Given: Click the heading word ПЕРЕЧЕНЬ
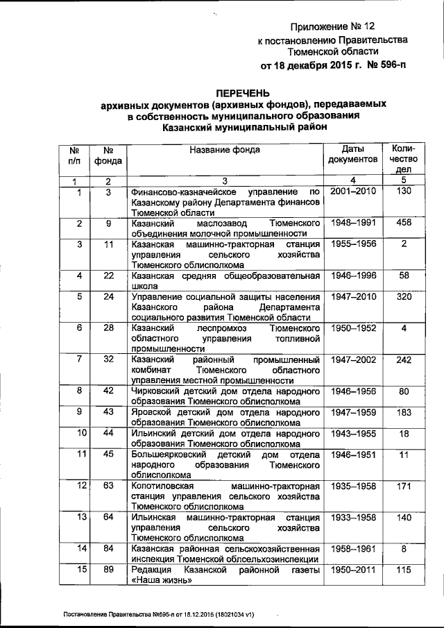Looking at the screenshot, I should (243, 92).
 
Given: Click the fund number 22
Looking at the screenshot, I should (108, 275).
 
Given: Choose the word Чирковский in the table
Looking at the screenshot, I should (157, 391).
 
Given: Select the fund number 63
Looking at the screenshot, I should (108, 485).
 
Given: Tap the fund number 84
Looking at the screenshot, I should (108, 549).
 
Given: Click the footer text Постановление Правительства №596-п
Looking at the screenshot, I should (118, 615).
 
